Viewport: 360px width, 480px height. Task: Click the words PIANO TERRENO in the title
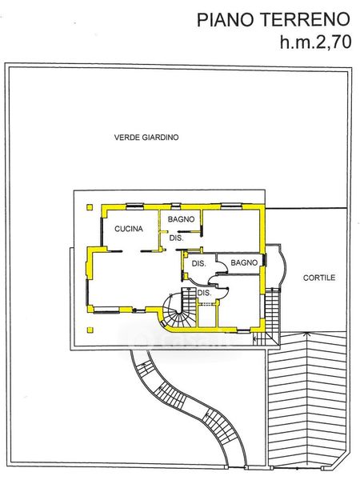click(x=273, y=20)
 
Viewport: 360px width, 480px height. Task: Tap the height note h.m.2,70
click(x=315, y=42)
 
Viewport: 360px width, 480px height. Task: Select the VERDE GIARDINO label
click(x=146, y=137)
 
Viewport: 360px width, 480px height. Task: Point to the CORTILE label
click(x=319, y=278)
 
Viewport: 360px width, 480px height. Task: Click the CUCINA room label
click(x=129, y=229)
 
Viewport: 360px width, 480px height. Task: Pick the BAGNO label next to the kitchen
click(x=181, y=219)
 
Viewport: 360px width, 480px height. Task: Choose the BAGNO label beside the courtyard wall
click(x=244, y=262)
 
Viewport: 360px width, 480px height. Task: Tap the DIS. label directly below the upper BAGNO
click(x=176, y=238)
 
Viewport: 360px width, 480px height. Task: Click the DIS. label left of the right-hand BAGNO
click(x=198, y=263)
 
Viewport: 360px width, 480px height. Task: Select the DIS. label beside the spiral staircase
click(x=204, y=293)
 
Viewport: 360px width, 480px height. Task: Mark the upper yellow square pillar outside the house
click(x=90, y=207)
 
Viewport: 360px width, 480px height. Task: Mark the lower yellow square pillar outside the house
click(x=90, y=330)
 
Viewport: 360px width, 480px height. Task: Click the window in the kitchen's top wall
click(x=135, y=206)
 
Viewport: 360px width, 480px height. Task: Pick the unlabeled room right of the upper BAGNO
click(x=231, y=231)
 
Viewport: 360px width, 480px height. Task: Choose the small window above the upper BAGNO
click(x=176, y=206)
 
